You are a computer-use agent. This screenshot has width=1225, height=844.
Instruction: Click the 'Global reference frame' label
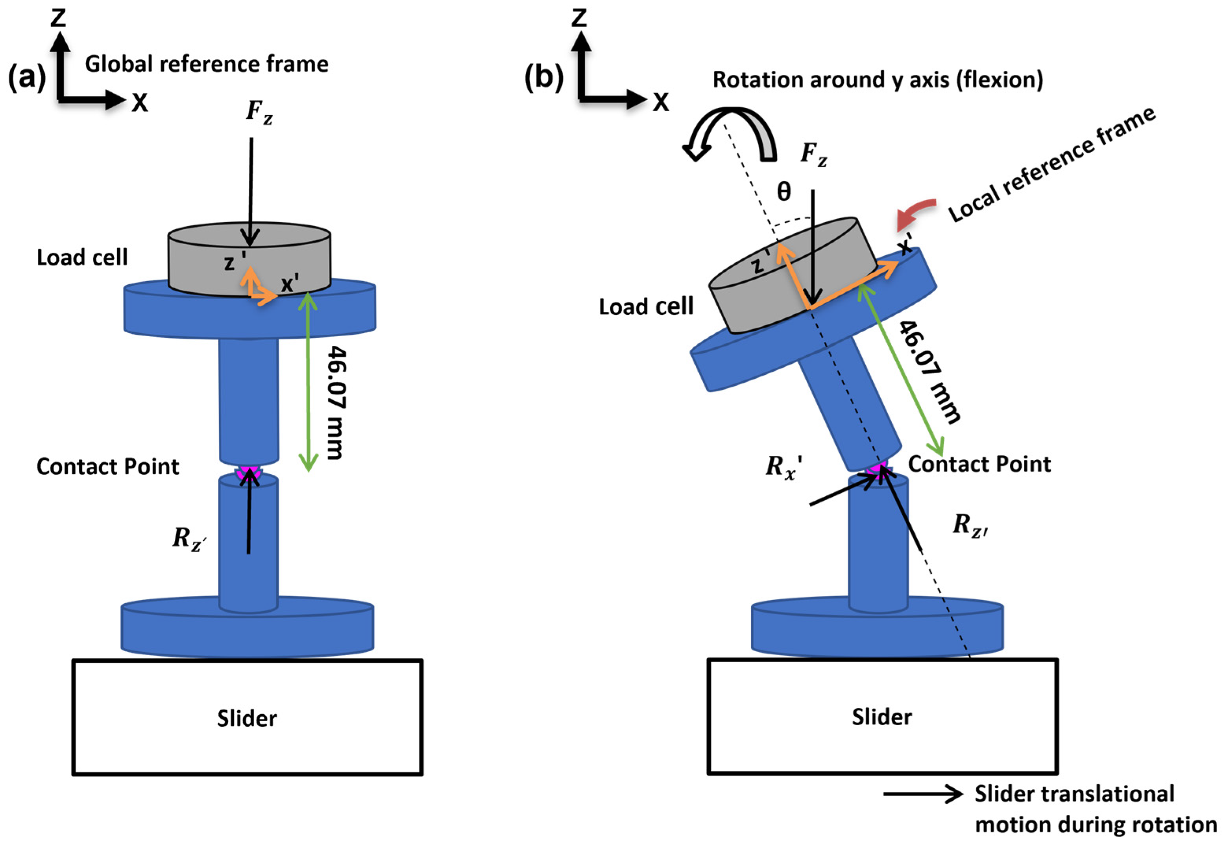[x=206, y=64]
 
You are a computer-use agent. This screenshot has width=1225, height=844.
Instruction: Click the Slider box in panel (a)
[x=247, y=718]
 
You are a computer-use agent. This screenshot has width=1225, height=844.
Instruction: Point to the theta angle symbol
[x=784, y=192]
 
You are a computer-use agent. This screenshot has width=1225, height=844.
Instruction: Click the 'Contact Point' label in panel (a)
[x=107, y=466]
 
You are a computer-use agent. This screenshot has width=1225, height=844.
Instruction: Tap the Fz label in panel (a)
[x=259, y=112]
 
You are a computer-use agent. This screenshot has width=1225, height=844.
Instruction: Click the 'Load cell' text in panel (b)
[x=646, y=307]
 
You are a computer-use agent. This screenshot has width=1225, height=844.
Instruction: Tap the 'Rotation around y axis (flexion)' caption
[x=878, y=80]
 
